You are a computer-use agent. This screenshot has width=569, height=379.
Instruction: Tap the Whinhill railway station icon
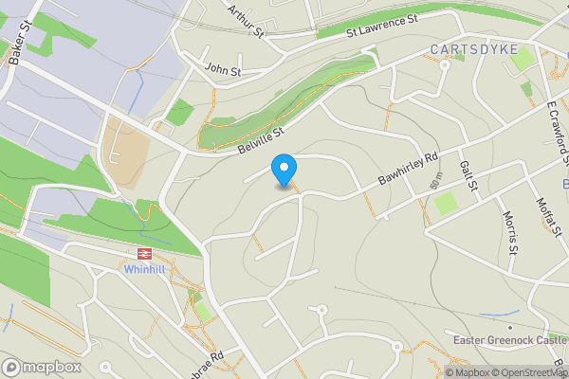pos(145,254)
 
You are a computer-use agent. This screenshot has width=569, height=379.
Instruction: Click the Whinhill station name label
pos(145,269)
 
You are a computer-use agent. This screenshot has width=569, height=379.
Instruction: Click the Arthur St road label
pos(245,20)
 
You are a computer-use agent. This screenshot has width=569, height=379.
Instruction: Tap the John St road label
pos(223,70)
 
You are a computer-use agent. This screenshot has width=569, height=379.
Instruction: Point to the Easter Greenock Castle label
pos(510,340)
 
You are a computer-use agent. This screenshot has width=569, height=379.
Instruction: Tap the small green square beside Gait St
pos(446,203)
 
